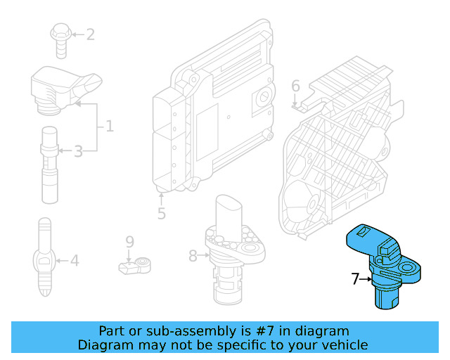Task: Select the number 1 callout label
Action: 109,127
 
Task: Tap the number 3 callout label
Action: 78,150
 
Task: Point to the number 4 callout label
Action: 74,261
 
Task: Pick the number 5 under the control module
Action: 161,212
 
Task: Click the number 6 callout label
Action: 295,86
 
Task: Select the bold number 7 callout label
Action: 356,279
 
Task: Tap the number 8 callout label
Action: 193,256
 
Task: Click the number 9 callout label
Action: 129,243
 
